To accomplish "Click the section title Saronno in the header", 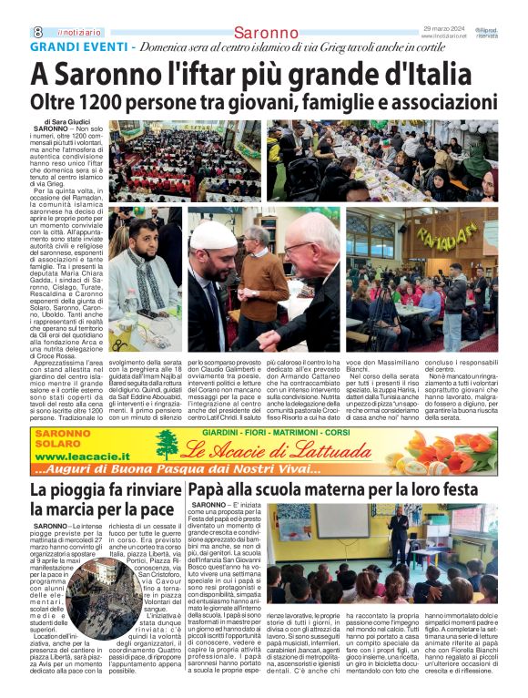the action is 265,34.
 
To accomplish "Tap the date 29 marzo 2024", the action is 444,29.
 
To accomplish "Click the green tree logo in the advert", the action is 167,446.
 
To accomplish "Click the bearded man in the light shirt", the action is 140,265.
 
